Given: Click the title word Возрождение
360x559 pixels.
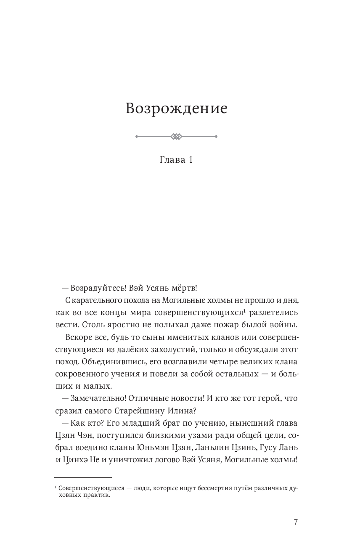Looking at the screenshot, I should [176, 109].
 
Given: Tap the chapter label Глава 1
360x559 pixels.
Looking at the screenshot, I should [176, 160].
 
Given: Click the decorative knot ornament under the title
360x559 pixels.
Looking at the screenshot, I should [176, 136].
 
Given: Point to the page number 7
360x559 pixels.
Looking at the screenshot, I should [296, 522].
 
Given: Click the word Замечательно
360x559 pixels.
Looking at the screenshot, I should [98, 398].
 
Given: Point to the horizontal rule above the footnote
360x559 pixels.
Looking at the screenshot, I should [83, 477].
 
